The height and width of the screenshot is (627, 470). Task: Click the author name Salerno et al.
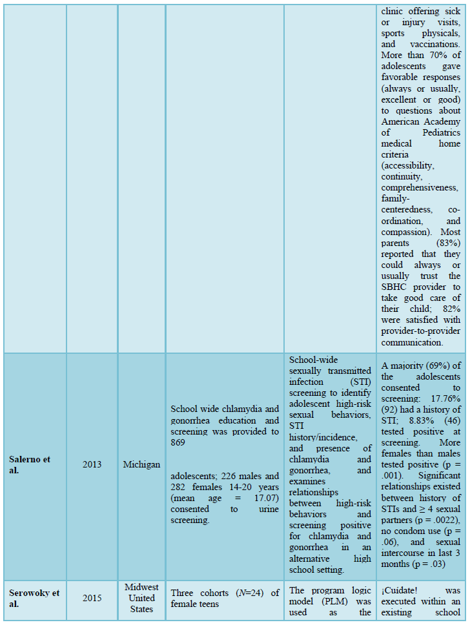coord(29,464)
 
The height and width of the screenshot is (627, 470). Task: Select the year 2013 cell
coord(92,464)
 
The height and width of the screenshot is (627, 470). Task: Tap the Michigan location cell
coord(141,464)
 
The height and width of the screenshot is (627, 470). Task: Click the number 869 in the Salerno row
coord(179,442)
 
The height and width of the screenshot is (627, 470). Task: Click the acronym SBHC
coord(394,286)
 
